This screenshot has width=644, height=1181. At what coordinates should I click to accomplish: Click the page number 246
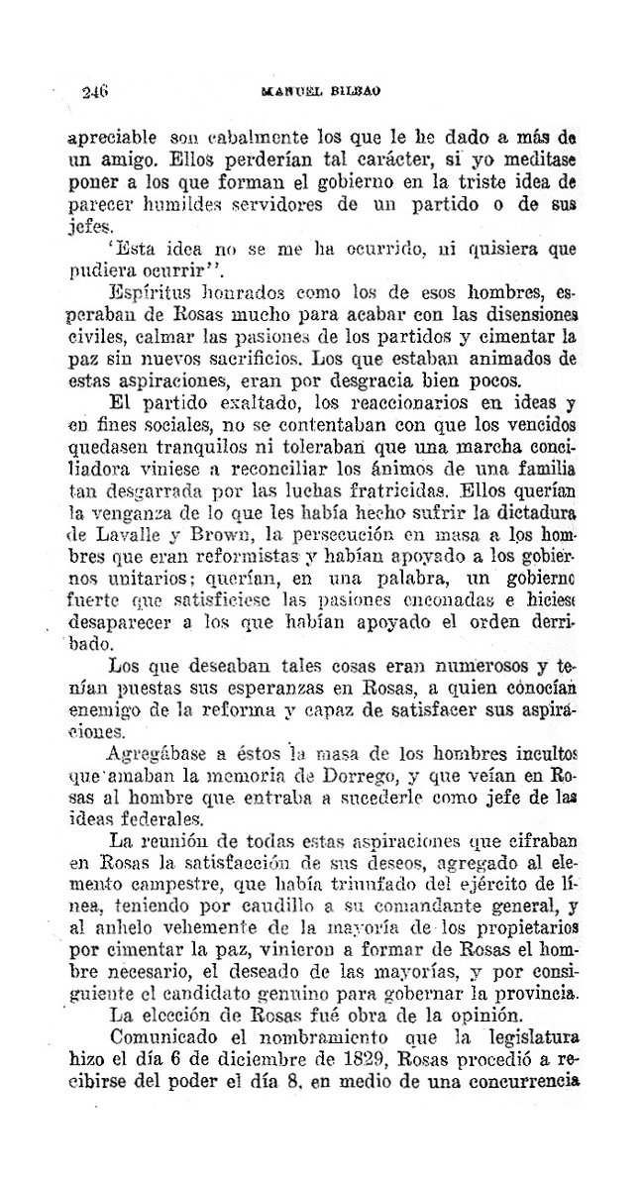click(95, 92)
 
